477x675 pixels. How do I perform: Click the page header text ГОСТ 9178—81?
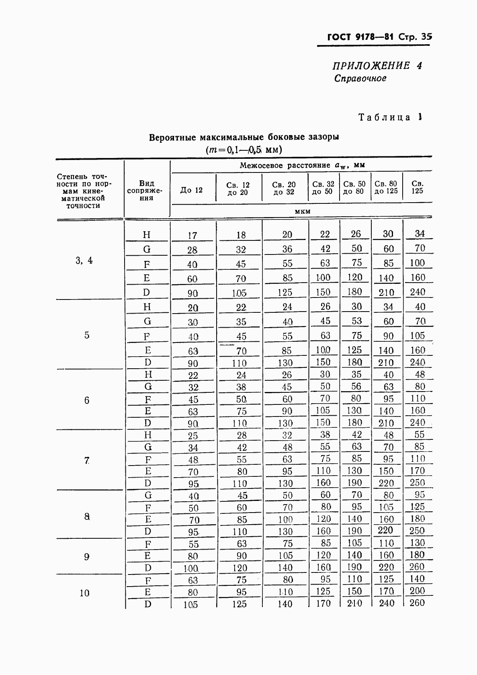click(360, 37)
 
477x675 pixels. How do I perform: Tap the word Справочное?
click(360, 78)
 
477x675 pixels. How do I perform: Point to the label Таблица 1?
click(390, 117)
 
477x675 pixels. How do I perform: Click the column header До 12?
click(191, 190)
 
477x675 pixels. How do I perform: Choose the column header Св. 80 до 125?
click(386, 188)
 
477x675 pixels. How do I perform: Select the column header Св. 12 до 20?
click(238, 189)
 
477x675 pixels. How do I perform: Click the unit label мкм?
click(302, 211)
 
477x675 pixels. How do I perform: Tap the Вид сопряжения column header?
click(146, 191)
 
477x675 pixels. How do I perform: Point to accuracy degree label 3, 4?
click(84, 261)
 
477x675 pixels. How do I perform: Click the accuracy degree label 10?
click(84, 593)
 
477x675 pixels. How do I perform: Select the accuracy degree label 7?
click(87, 460)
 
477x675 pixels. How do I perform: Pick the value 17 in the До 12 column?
click(192, 236)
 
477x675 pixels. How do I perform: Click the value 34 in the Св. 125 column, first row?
click(420, 234)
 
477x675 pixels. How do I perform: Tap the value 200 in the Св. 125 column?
click(417, 591)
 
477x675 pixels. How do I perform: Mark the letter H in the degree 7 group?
click(147, 435)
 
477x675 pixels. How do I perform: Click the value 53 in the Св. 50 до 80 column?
click(356, 321)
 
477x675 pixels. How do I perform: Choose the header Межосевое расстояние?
click(285, 165)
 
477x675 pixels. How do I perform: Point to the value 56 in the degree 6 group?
click(356, 386)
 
